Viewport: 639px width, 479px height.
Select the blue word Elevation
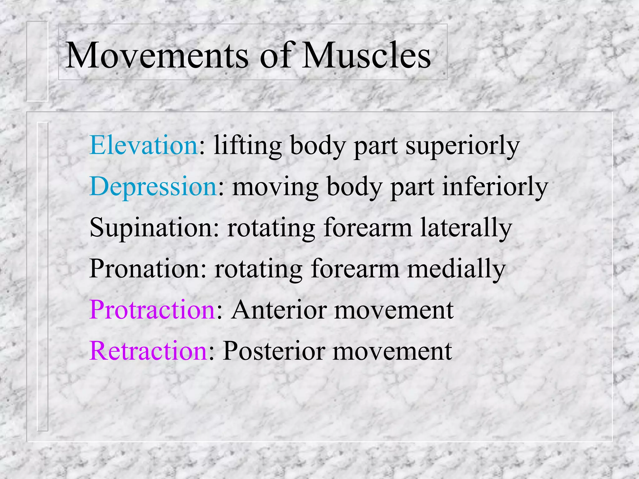pyautogui.click(x=144, y=145)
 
